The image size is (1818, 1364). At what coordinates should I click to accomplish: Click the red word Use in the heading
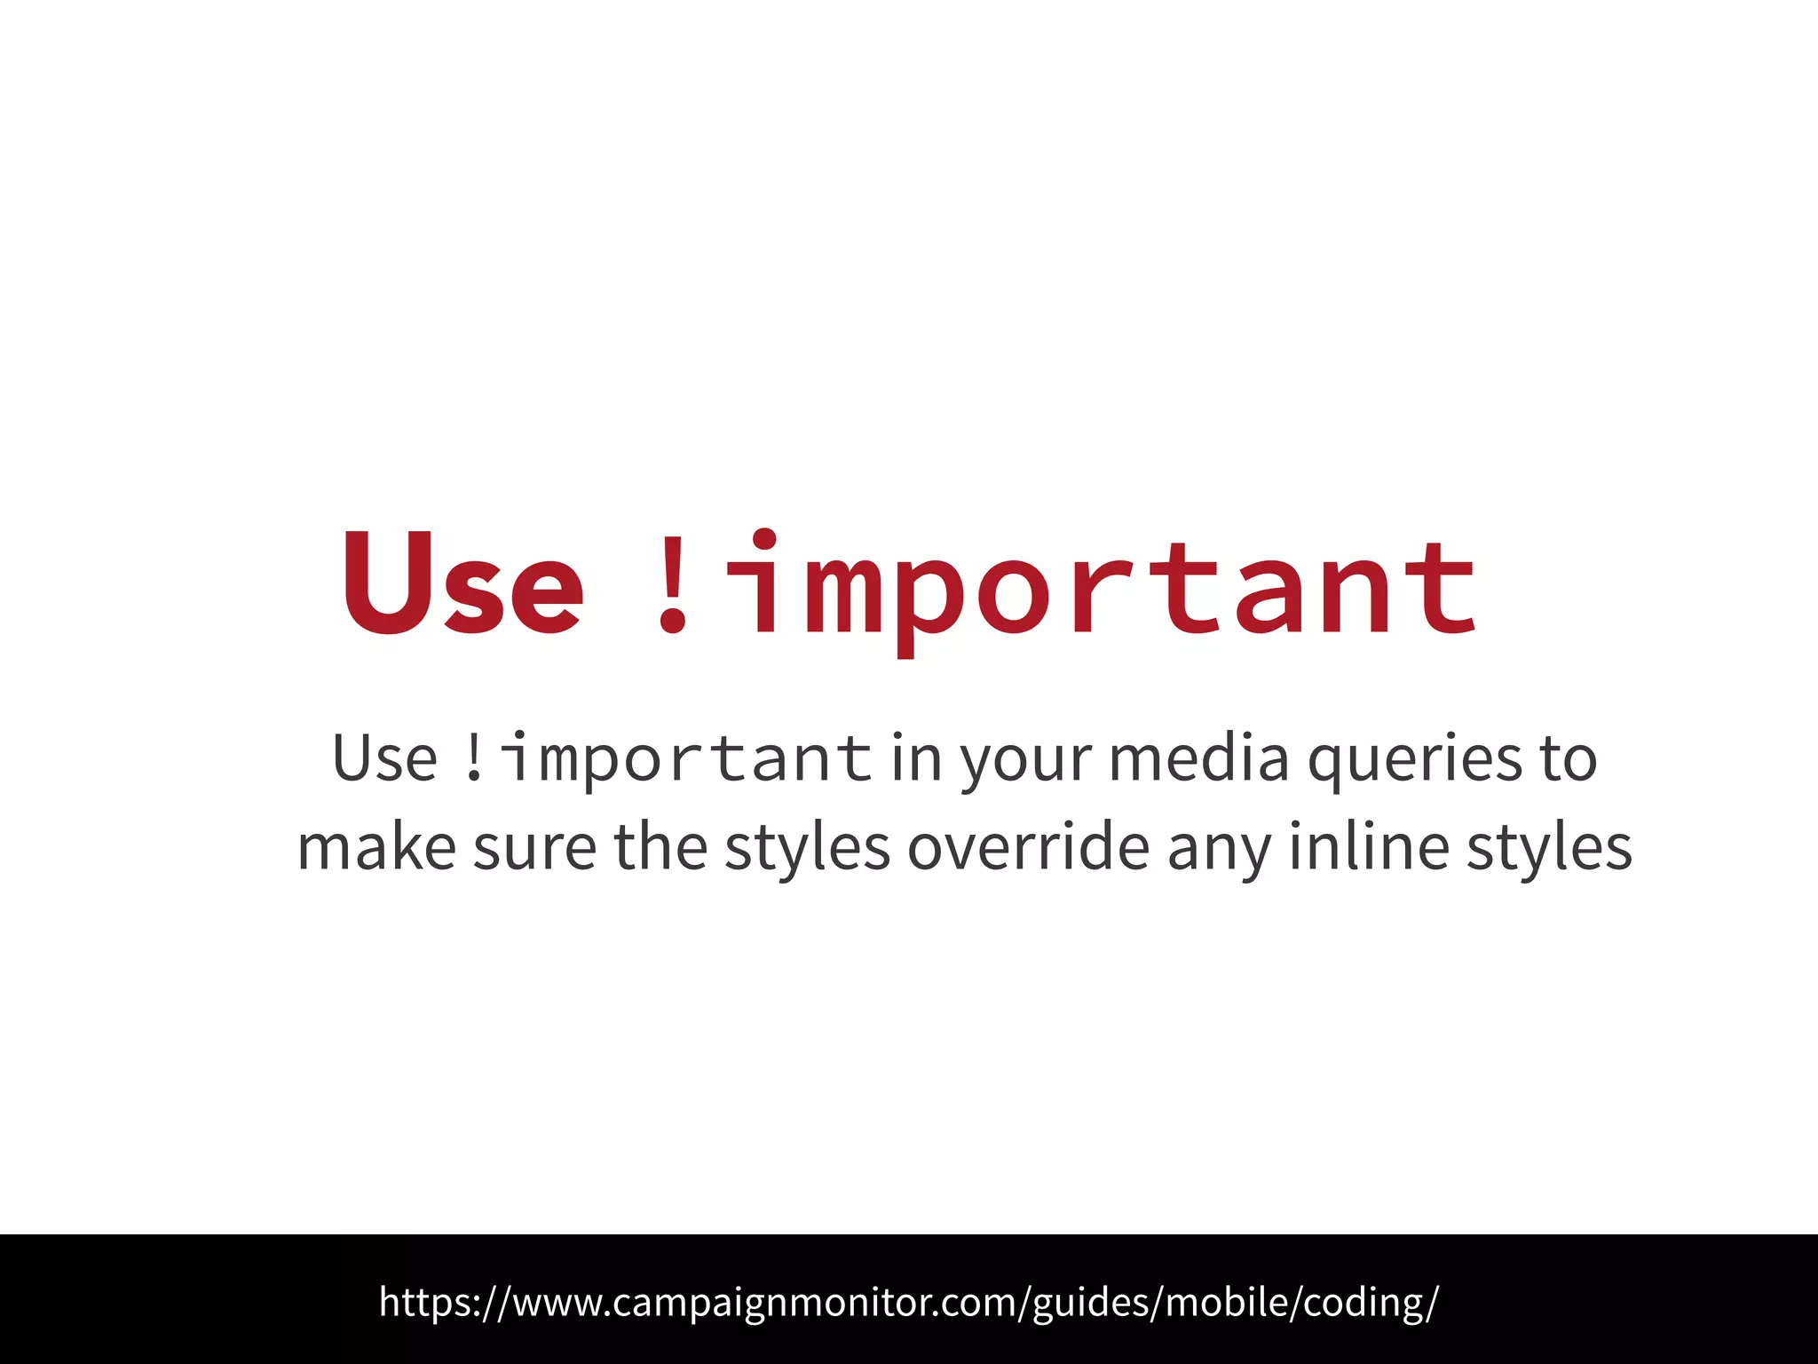click(x=462, y=583)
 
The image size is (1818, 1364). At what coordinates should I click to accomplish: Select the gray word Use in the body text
click(x=385, y=758)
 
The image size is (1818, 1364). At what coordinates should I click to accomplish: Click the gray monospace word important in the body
click(x=687, y=760)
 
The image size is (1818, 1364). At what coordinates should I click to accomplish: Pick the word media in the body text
click(x=1198, y=758)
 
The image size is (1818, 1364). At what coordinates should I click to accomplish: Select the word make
click(x=376, y=847)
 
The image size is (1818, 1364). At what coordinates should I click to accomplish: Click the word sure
click(x=534, y=849)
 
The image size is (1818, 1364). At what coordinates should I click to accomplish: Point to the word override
click(x=1029, y=847)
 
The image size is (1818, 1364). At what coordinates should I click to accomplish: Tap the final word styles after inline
click(x=1549, y=849)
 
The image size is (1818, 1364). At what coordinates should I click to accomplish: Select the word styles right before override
click(x=807, y=849)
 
